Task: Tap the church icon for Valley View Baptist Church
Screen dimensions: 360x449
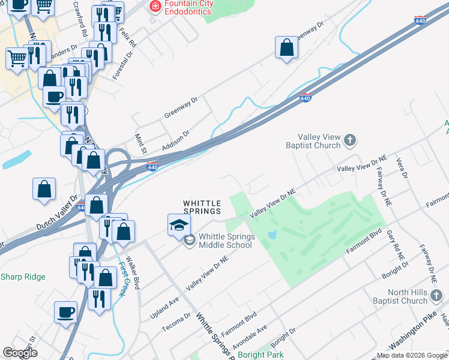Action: click(x=350, y=141)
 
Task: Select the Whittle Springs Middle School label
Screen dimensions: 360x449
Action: click(x=227, y=241)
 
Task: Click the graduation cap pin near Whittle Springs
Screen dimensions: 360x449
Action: click(x=179, y=226)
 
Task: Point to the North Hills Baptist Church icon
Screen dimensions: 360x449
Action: click(x=437, y=296)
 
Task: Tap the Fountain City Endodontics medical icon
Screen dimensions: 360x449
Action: click(x=155, y=6)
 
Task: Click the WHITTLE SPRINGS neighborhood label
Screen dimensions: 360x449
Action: click(x=202, y=207)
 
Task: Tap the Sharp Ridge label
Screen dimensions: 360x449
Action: click(x=22, y=277)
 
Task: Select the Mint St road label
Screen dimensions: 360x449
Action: click(x=140, y=144)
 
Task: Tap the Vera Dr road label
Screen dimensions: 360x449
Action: click(x=403, y=168)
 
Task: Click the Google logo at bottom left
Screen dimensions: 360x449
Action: click(x=20, y=353)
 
